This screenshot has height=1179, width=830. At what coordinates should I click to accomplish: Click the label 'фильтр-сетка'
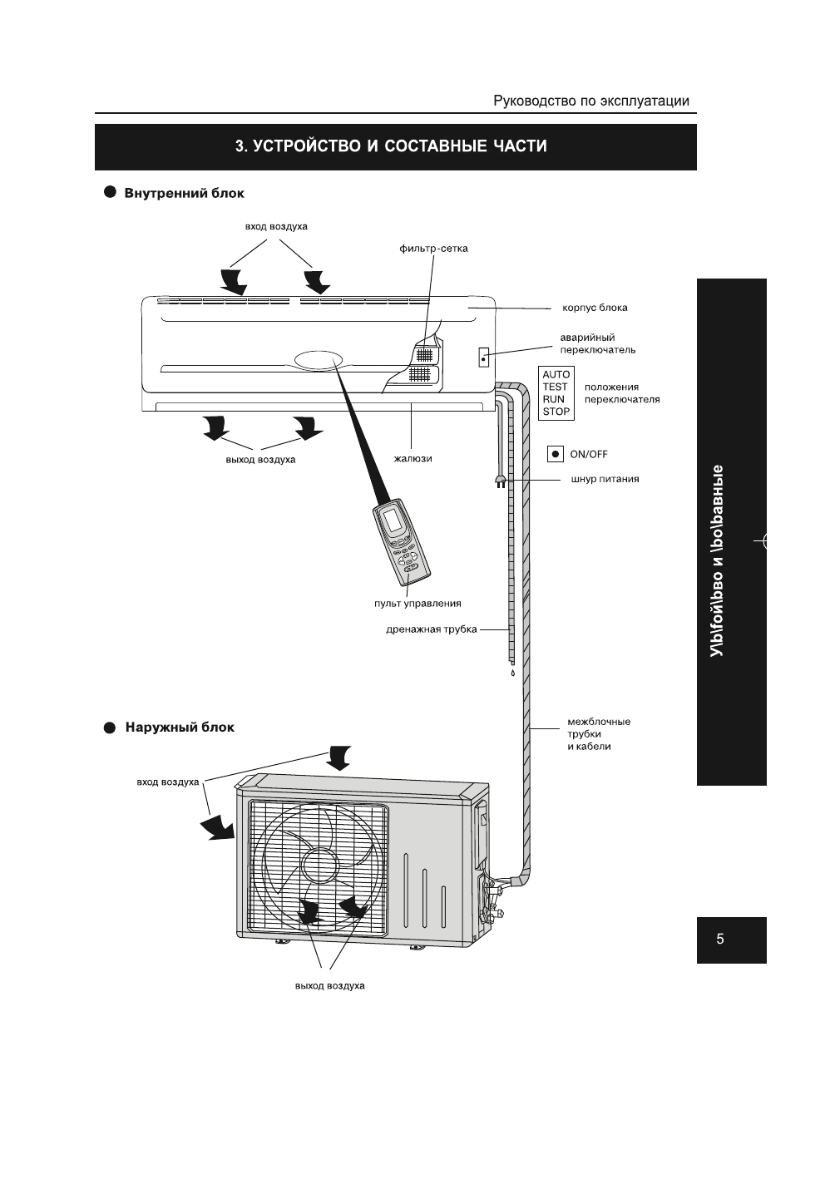(x=433, y=249)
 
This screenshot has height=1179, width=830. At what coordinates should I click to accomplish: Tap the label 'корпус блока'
(x=595, y=308)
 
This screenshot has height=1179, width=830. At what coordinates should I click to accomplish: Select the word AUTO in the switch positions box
(x=556, y=375)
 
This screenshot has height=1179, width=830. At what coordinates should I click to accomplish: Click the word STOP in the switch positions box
(x=556, y=411)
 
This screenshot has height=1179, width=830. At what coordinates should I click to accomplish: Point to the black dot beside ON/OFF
(x=556, y=454)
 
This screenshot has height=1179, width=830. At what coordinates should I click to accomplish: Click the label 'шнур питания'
(x=605, y=479)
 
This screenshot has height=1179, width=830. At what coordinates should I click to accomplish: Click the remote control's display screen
(x=392, y=520)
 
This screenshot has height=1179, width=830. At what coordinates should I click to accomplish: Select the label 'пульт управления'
(x=417, y=603)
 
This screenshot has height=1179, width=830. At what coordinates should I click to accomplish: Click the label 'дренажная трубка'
(x=432, y=629)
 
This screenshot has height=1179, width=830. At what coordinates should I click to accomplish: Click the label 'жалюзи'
(x=413, y=458)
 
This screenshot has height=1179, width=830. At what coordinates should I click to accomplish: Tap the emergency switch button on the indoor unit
(x=482, y=358)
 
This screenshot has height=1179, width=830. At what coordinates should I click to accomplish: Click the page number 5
(x=720, y=940)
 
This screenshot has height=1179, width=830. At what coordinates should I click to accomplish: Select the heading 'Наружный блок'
(x=180, y=728)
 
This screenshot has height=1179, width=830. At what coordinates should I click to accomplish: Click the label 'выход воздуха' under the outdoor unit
(x=329, y=986)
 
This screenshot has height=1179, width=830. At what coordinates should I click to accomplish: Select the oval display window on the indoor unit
(x=317, y=360)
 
